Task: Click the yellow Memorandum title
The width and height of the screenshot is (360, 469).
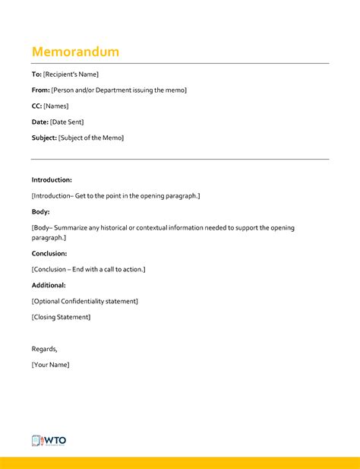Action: pyautogui.click(x=75, y=52)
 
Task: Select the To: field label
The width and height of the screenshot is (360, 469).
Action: pyautogui.click(x=36, y=74)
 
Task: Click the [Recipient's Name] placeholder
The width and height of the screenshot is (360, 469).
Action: pyautogui.click(x=71, y=74)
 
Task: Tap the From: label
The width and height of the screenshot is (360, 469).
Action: pyautogui.click(x=40, y=90)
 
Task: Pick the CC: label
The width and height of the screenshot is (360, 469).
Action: pyautogui.click(x=36, y=106)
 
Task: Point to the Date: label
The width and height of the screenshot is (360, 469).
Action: pyautogui.click(x=39, y=122)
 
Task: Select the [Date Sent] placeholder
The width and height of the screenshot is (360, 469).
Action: pyautogui.click(x=67, y=122)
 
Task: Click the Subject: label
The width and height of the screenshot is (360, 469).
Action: pyautogui.click(x=44, y=138)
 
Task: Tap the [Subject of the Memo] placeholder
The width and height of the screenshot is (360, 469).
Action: pyautogui.click(x=91, y=138)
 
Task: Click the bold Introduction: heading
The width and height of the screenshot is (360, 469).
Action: pyautogui.click(x=52, y=180)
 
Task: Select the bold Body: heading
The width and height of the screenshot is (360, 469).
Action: pyautogui.click(x=40, y=212)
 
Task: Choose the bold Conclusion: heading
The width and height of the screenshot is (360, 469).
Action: pyautogui.click(x=49, y=253)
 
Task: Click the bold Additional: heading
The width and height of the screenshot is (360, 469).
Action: pyautogui.click(x=49, y=285)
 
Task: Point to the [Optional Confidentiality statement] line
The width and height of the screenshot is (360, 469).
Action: pyautogui.click(x=84, y=301)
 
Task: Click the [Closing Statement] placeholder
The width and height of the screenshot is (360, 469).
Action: pyautogui.click(x=61, y=317)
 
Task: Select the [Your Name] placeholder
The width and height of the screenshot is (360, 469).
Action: pyautogui.click(x=50, y=365)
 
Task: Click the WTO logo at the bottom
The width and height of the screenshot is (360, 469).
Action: pyautogui.click(x=49, y=441)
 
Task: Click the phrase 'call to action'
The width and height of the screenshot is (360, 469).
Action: pyautogui.click(x=122, y=269)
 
